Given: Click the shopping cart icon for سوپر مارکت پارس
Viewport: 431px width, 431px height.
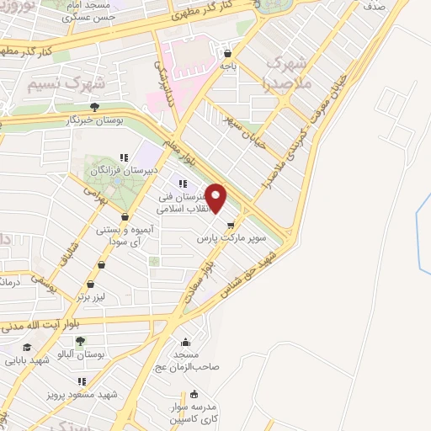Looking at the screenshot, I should click(x=231, y=224).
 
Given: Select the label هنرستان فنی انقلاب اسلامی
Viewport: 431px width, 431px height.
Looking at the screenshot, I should click(x=179, y=203).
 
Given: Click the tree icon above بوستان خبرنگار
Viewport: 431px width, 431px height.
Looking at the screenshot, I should click(x=94, y=107).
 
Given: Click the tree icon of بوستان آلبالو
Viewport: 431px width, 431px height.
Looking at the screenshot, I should click(x=80, y=341).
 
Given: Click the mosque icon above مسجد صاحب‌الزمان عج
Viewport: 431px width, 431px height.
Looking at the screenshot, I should click(x=186, y=342).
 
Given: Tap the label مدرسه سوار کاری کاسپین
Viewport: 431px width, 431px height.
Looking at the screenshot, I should click(x=194, y=412).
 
